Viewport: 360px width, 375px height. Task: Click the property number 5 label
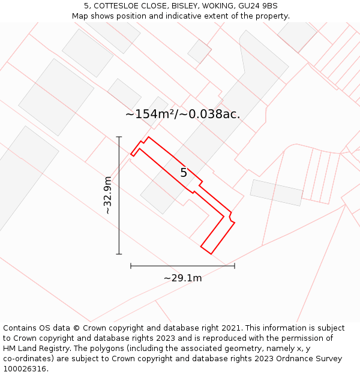pos(184,173)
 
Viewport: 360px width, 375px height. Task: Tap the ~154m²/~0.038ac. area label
pos(182,114)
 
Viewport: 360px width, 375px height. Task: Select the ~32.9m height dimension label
pos(108,195)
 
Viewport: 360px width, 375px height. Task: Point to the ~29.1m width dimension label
pos(182,278)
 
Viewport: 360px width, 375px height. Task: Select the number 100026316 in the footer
pos(24,369)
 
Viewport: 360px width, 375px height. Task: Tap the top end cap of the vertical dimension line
pos(119,137)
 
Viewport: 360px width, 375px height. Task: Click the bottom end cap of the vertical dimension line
pos(119,254)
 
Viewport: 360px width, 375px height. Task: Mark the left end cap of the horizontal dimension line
pos(131,266)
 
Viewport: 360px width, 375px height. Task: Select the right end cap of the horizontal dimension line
pos(235,266)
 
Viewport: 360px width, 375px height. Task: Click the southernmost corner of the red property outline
pos(211,254)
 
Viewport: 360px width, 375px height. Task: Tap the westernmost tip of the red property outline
pos(131,155)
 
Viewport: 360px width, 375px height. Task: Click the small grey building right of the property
pos(277,192)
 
